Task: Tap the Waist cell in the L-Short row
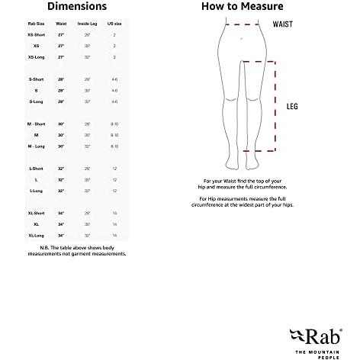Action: (x=61, y=168)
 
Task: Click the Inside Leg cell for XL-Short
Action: (x=87, y=214)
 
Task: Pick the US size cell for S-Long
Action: (x=114, y=101)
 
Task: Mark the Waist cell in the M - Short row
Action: (x=61, y=124)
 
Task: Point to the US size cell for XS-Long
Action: (x=114, y=56)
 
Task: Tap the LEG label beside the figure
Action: (x=291, y=107)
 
